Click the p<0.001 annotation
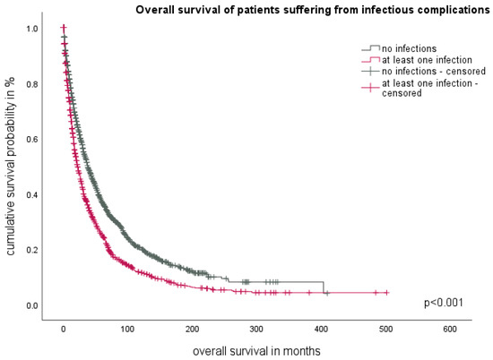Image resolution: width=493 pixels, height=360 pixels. pos(443,303)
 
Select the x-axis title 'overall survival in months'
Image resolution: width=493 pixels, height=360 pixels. pos(259,349)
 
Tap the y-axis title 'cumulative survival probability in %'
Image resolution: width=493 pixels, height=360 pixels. pos(11,176)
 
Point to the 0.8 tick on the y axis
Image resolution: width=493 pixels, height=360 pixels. pos(31,84)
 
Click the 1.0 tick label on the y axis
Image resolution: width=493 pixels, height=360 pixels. pos(31,29)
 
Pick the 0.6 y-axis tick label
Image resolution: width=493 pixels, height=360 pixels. pos(31,140)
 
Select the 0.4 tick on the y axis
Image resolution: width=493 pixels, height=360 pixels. pos(31,195)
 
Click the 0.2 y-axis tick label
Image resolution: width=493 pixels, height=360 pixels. pos(31,251)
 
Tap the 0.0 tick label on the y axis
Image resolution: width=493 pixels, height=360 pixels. pos(31,306)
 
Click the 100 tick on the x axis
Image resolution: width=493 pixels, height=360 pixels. pos(127,330)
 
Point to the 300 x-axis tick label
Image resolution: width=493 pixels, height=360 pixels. pos(256,330)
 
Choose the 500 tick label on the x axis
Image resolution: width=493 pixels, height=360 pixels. pos(385,330)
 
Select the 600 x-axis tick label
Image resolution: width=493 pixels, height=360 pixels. pos(450,330)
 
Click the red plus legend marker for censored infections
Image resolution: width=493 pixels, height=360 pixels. pos(368,87)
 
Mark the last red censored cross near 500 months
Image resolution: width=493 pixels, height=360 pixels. pos(386,292)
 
